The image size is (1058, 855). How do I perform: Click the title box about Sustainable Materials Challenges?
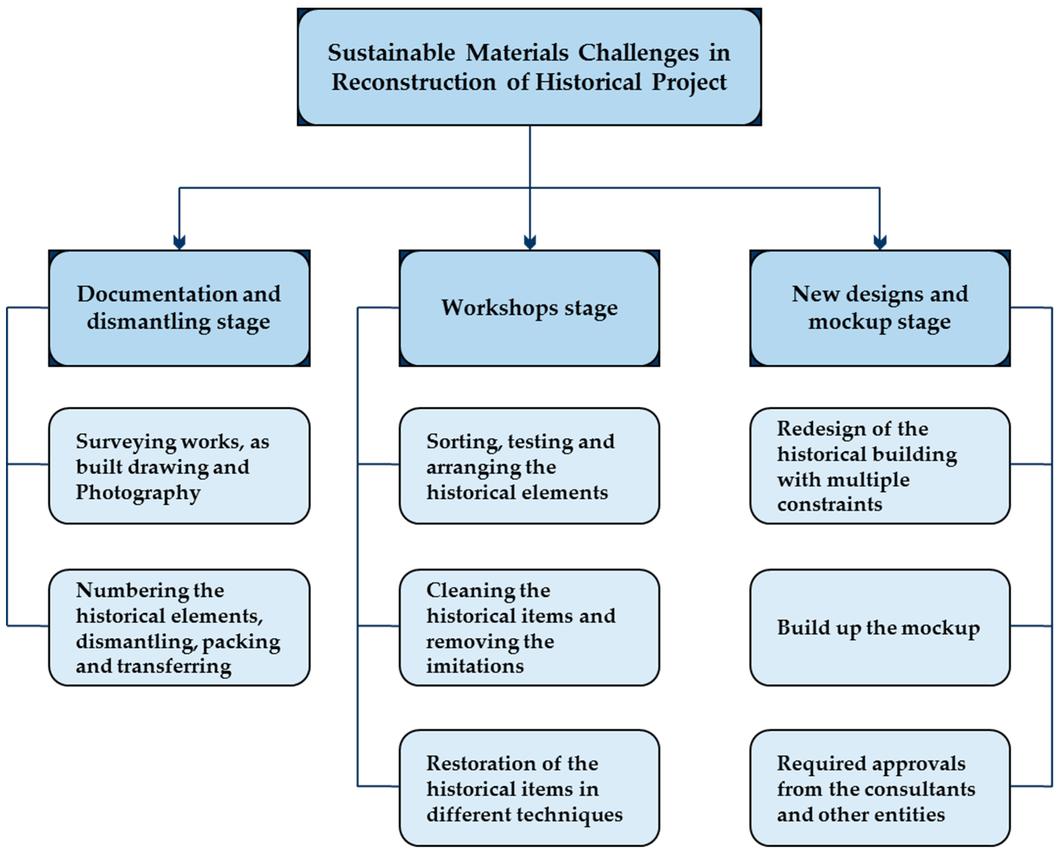pyautogui.click(x=529, y=67)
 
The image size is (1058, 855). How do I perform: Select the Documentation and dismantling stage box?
pyautogui.click(x=179, y=308)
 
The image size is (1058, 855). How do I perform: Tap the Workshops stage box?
pyautogui.click(x=529, y=308)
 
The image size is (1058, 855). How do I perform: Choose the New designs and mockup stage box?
pyautogui.click(x=879, y=308)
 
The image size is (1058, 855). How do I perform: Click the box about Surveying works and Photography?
pyautogui.click(x=179, y=466)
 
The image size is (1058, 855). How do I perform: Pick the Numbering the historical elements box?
pyautogui.click(x=179, y=627)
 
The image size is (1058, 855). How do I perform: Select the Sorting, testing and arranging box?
pyautogui.click(x=529, y=466)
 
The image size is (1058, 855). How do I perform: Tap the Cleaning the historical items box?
pyautogui.click(x=529, y=627)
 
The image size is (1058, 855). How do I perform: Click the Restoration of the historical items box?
pyautogui.click(x=529, y=788)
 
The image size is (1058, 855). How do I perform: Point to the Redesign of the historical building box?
pyautogui.click(x=879, y=466)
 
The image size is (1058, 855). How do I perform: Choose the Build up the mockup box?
pyautogui.click(x=879, y=627)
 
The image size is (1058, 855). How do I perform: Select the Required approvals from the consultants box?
pyautogui.click(x=879, y=788)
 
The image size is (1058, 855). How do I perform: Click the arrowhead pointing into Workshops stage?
pyautogui.click(x=530, y=242)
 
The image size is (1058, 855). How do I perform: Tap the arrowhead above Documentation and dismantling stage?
pyautogui.click(x=179, y=242)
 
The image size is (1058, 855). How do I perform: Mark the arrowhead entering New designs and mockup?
pyautogui.click(x=879, y=242)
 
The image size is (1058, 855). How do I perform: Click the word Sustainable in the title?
pyautogui.click(x=391, y=53)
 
